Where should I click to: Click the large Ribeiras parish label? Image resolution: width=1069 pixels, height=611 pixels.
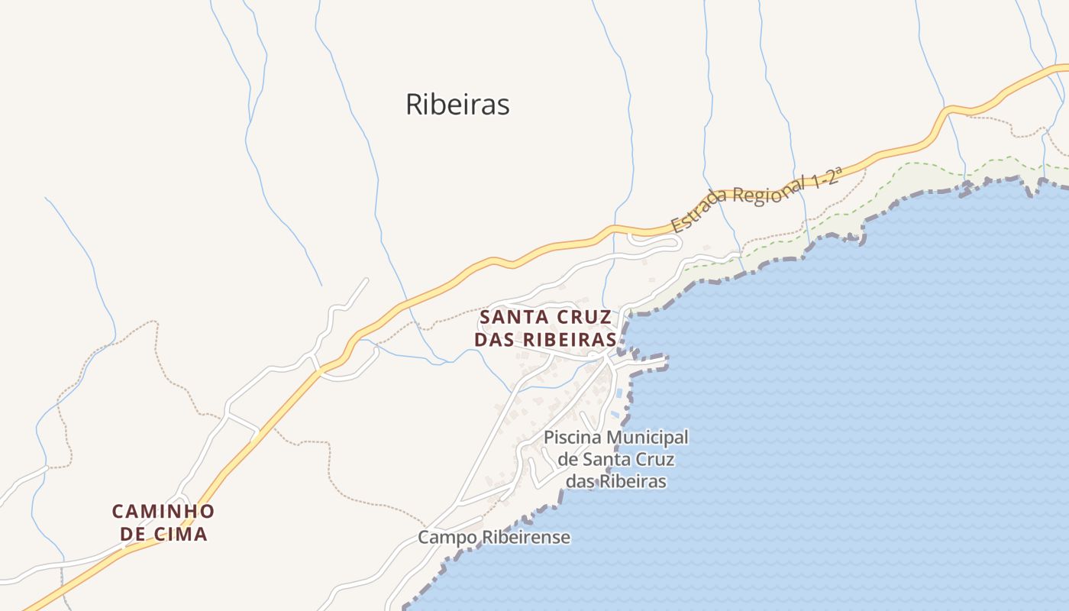[x=457, y=105]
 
